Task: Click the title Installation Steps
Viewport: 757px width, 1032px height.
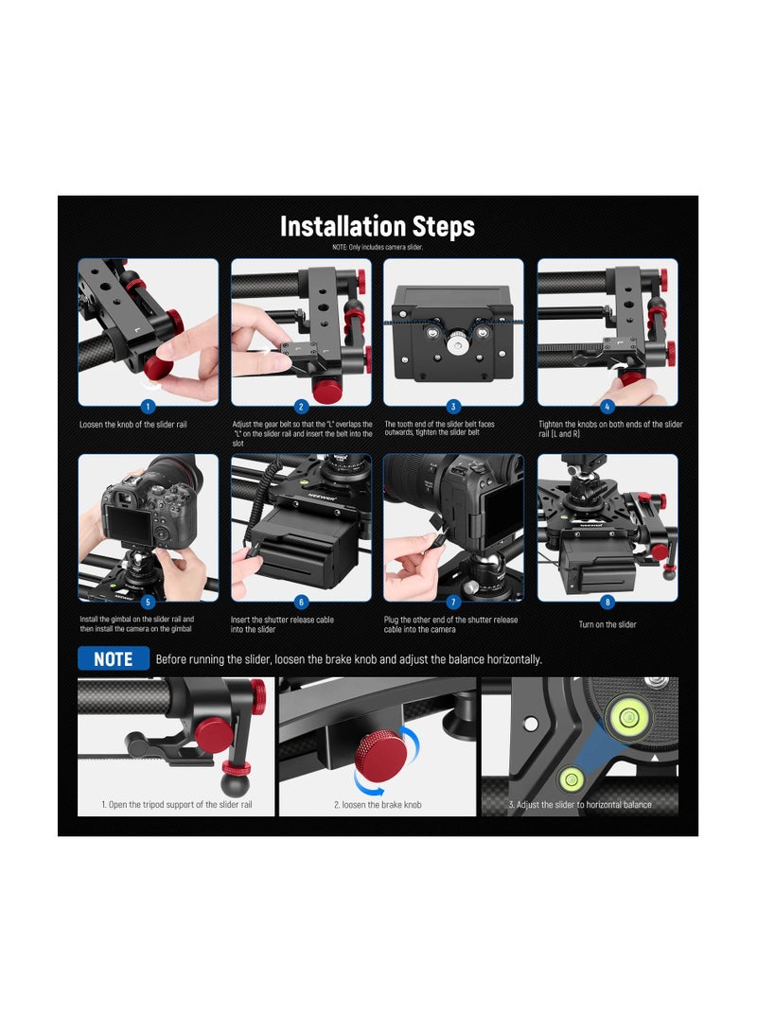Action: pos(378,226)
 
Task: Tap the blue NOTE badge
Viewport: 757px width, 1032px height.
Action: pos(114,658)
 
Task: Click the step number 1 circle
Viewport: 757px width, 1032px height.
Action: pos(149,406)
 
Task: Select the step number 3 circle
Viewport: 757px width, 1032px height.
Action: pos(453,406)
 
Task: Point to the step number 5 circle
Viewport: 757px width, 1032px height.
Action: pos(149,602)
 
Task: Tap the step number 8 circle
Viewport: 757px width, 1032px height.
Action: pos(607,602)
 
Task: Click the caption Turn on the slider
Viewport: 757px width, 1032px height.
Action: pos(607,624)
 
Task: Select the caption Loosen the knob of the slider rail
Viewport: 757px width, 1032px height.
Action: pos(133,425)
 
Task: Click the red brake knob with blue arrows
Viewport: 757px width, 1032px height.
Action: pos(379,751)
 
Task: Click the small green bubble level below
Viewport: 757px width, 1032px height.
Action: pos(571,779)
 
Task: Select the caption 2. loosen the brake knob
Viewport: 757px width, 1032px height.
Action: pos(378,804)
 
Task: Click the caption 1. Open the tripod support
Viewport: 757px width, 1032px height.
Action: pos(176,804)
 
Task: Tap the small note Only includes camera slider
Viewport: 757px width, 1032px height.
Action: pos(378,248)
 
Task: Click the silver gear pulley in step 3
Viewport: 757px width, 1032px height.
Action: pos(454,343)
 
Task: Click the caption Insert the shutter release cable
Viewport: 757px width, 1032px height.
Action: pos(282,624)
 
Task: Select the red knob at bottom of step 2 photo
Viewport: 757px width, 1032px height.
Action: pos(327,391)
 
